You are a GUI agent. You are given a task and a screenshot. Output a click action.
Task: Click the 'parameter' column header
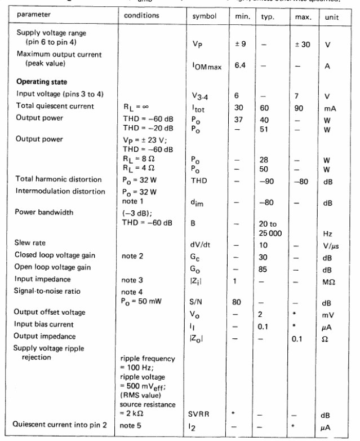(28, 16)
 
